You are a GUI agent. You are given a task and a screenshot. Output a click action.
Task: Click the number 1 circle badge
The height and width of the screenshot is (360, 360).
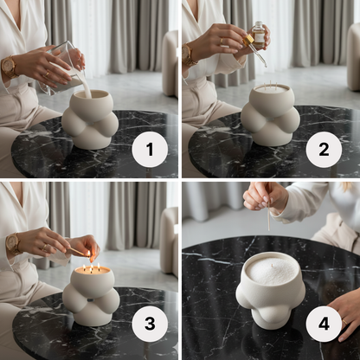[x=149, y=151]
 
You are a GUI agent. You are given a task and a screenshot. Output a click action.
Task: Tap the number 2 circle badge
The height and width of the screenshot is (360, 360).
[x=324, y=151]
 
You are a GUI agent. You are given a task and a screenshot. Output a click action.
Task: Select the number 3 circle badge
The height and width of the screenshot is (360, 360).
[x=149, y=325]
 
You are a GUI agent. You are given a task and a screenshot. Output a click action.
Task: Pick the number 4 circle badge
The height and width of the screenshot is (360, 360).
[x=324, y=325]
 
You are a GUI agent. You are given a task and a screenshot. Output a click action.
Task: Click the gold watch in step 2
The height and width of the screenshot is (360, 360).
[x=187, y=55]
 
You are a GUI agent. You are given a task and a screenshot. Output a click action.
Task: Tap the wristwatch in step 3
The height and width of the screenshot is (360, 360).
[x=13, y=244]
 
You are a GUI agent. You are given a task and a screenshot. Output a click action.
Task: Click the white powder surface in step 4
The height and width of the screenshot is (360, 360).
[x=270, y=272]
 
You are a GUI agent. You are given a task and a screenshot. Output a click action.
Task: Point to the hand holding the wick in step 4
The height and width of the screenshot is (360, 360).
[x=264, y=196]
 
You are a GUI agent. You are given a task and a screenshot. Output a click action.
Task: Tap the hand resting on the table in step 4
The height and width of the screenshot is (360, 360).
[x=346, y=312]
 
